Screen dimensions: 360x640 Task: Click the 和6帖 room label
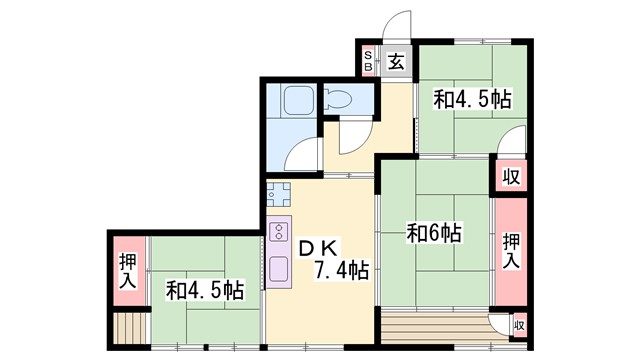coord(434,233)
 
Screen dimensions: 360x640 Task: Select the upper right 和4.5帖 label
coord(472,99)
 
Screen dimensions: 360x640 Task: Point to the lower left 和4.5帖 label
coord(204,291)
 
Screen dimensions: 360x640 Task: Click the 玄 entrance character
coord(396,61)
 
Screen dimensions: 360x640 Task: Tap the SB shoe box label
coord(368,61)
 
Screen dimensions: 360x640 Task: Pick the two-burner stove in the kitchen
coord(279,231)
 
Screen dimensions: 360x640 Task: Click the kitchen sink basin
coord(279,267)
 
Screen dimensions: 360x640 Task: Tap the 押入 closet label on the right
coord(511,249)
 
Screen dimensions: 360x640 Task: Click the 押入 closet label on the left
coord(128,271)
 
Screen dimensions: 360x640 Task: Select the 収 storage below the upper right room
coord(510,177)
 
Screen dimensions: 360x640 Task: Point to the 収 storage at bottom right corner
coord(518,325)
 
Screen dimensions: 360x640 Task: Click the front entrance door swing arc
coord(399,25)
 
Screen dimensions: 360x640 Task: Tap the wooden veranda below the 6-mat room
coord(436,326)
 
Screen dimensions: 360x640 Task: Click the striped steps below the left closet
coord(128,327)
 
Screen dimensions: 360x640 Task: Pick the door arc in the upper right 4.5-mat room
coord(513,141)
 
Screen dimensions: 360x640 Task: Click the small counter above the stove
coord(277,193)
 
